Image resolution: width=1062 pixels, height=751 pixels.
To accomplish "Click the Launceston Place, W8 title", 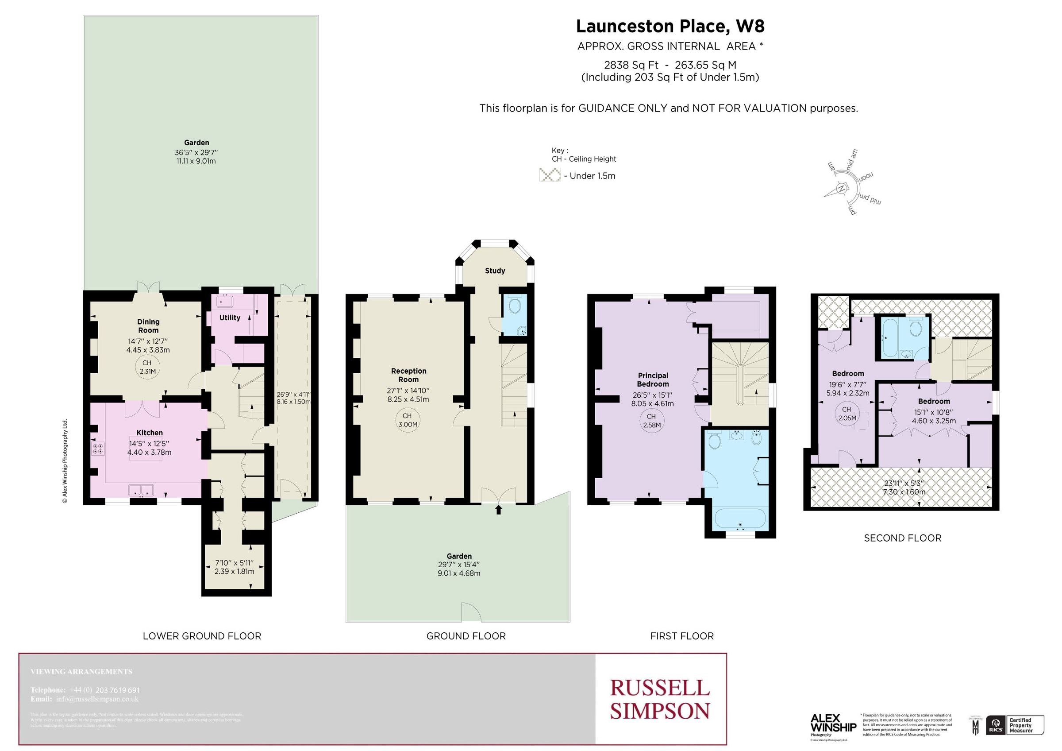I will (670, 27).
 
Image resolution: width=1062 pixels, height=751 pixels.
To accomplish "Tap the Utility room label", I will (230, 317).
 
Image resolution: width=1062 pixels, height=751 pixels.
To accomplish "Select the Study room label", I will (495, 271).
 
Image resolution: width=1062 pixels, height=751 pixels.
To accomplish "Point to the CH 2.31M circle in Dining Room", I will (147, 367).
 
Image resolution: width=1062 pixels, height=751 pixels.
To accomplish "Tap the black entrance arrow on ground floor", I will (498, 510).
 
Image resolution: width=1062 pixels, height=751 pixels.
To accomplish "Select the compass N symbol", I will (841, 189).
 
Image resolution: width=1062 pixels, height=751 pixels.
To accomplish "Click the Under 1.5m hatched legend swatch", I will (550, 175).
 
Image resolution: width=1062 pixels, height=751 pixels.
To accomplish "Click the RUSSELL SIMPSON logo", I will (660, 699).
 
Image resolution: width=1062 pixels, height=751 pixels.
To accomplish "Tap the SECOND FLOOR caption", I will (902, 538).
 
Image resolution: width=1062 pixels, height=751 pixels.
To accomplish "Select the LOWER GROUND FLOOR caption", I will (202, 636).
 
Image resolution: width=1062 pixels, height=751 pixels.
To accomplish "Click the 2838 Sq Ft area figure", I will (631, 65).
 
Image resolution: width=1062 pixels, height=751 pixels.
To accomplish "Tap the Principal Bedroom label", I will (653, 379).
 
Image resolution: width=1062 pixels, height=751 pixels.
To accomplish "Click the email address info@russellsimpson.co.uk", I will (97, 699).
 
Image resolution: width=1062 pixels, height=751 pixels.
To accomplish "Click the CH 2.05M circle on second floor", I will (847, 413).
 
